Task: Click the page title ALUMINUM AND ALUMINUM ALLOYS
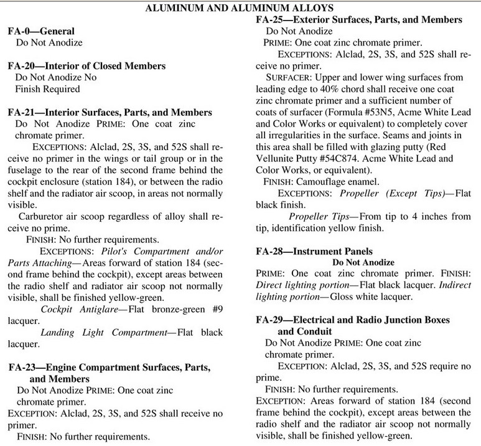tap(240, 8)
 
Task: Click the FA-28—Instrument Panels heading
tap(315, 251)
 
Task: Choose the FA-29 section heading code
tap(271, 320)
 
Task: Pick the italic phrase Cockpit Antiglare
tap(78, 310)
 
